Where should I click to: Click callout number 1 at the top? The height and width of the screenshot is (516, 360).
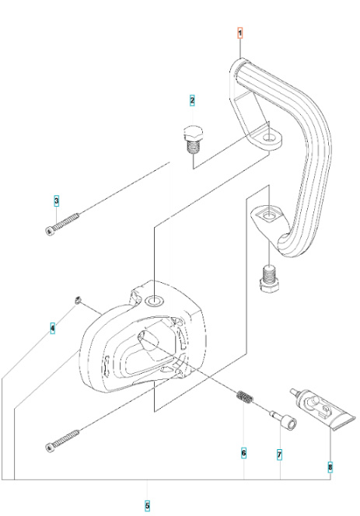point(240,33)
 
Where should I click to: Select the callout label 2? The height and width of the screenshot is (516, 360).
point(192,100)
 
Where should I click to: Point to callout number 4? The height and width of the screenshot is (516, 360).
point(52,329)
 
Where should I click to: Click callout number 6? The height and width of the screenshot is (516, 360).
point(243,452)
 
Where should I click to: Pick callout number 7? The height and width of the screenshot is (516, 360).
point(279,452)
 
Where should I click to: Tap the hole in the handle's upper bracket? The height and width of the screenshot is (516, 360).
point(270,140)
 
